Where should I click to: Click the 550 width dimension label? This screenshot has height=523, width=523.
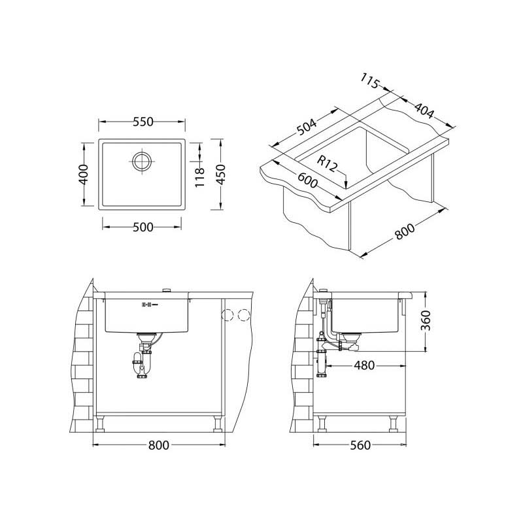[143, 122]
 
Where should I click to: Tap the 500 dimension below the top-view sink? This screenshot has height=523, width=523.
[143, 228]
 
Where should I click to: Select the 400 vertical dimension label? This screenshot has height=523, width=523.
[84, 174]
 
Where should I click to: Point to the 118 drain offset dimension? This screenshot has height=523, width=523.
[199, 177]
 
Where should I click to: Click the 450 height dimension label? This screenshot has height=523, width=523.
[221, 174]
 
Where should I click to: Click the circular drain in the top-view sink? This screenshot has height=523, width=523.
[142, 161]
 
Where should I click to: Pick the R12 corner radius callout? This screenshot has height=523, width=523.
[327, 163]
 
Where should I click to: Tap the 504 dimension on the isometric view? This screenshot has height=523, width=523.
[306, 127]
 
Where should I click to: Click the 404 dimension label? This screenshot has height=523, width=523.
[424, 110]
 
